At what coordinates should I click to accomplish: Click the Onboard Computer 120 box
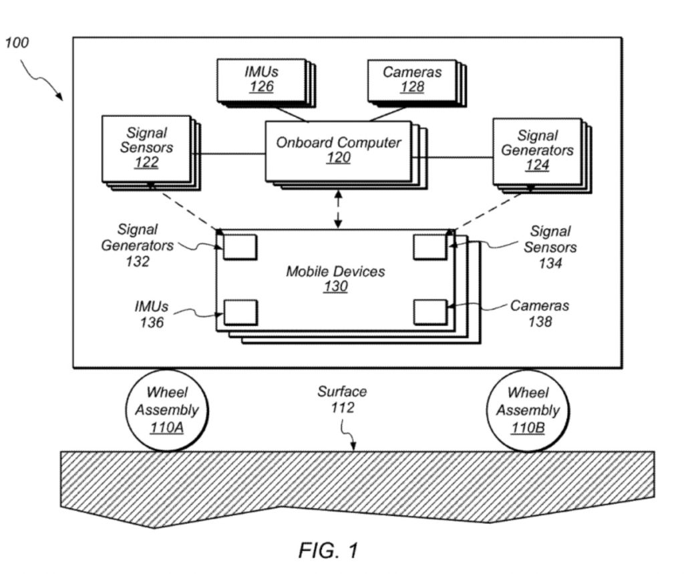click(x=339, y=150)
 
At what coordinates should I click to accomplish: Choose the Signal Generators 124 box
click(x=536, y=150)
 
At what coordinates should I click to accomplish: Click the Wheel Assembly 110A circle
click(x=167, y=410)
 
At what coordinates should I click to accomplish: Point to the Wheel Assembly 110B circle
click(x=528, y=410)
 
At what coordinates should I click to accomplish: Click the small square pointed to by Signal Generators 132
click(x=240, y=247)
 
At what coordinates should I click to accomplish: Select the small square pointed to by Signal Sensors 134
click(x=430, y=247)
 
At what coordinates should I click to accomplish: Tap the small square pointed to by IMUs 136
click(x=240, y=312)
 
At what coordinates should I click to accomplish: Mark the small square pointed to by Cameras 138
click(x=430, y=312)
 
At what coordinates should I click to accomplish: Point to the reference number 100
click(x=17, y=43)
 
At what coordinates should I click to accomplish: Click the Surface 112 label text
click(x=342, y=400)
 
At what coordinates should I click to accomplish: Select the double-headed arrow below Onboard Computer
click(x=339, y=207)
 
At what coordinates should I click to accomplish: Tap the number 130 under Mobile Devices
click(x=335, y=287)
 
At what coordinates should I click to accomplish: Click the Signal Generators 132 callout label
click(x=137, y=245)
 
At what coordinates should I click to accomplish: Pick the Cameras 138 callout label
click(x=540, y=313)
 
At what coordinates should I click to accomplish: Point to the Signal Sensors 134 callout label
click(x=550, y=247)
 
